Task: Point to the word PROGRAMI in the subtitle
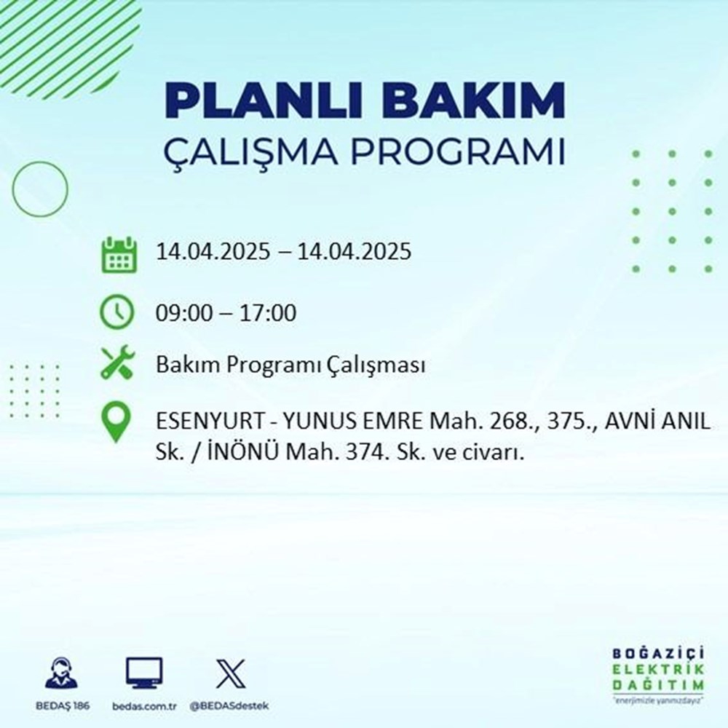pos(463,154)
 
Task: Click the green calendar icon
pos(117,253)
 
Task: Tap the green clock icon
pos(117,313)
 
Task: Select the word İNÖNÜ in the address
pos(229,453)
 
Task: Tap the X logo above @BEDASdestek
pos(230,673)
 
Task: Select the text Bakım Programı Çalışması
pos(290,365)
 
